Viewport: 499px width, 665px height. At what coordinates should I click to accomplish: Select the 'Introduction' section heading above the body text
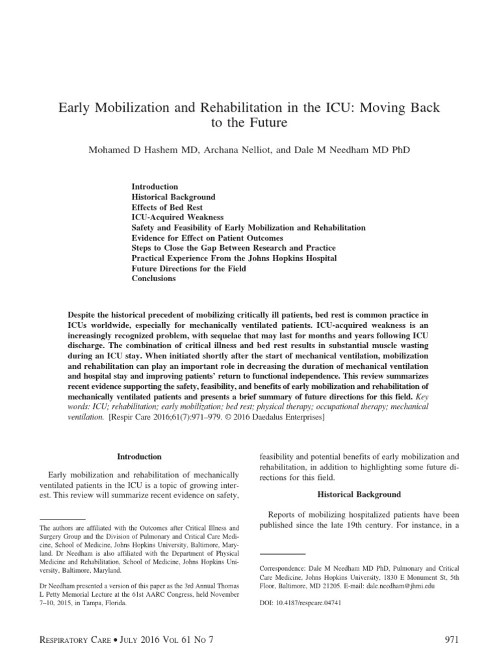point(139,457)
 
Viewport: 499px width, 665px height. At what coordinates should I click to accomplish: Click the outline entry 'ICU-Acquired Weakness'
point(177,217)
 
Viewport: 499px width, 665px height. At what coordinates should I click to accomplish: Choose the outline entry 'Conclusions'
point(153,278)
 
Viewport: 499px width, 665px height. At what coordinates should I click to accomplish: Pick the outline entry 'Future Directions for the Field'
point(189,268)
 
